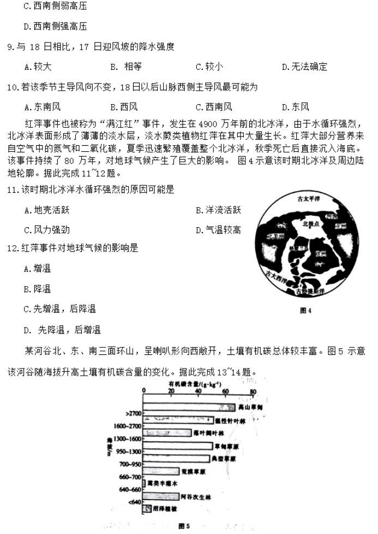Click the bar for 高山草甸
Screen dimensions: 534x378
pyautogui.click(x=188, y=407)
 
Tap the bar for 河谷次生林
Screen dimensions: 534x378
pyautogui.click(x=158, y=496)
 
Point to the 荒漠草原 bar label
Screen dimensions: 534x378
pyautogui.click(x=196, y=471)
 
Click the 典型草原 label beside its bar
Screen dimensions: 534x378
pyautogui.click(x=231, y=458)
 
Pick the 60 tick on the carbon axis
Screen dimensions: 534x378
pyautogui.click(x=225, y=391)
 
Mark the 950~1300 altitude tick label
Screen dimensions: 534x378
pyautogui.click(x=129, y=452)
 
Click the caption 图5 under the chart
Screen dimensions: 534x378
pyautogui.click(x=183, y=525)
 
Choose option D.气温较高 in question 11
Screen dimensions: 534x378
pyautogui.click(x=218, y=230)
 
